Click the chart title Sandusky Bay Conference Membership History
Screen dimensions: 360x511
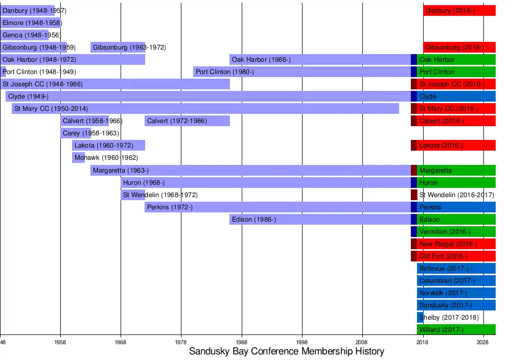[286, 351]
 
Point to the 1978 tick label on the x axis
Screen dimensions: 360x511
[181, 341]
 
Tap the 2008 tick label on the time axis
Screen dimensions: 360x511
[362, 341]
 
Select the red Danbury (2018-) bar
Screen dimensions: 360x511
[459, 11]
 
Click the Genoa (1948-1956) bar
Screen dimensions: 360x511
[25, 35]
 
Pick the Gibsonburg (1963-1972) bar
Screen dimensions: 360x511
[118, 47]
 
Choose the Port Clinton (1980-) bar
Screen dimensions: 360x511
[301, 72]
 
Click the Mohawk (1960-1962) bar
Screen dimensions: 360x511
[78, 158]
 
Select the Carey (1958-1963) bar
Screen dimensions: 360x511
[76, 133]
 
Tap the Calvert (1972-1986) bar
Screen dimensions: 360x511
[187, 121]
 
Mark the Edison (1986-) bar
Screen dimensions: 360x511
[320, 220]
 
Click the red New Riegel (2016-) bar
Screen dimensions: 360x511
[456, 244]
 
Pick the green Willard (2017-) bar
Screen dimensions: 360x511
[456, 330]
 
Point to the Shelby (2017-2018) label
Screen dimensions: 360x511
[449, 318]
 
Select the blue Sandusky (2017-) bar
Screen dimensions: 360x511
[456, 305]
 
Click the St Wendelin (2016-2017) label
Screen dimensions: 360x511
[456, 195]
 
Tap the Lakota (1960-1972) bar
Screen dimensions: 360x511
[108, 146]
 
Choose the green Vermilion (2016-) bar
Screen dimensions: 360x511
[456, 232]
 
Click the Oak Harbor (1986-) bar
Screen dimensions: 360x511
[320, 60]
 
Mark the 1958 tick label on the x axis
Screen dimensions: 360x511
[60, 341]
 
